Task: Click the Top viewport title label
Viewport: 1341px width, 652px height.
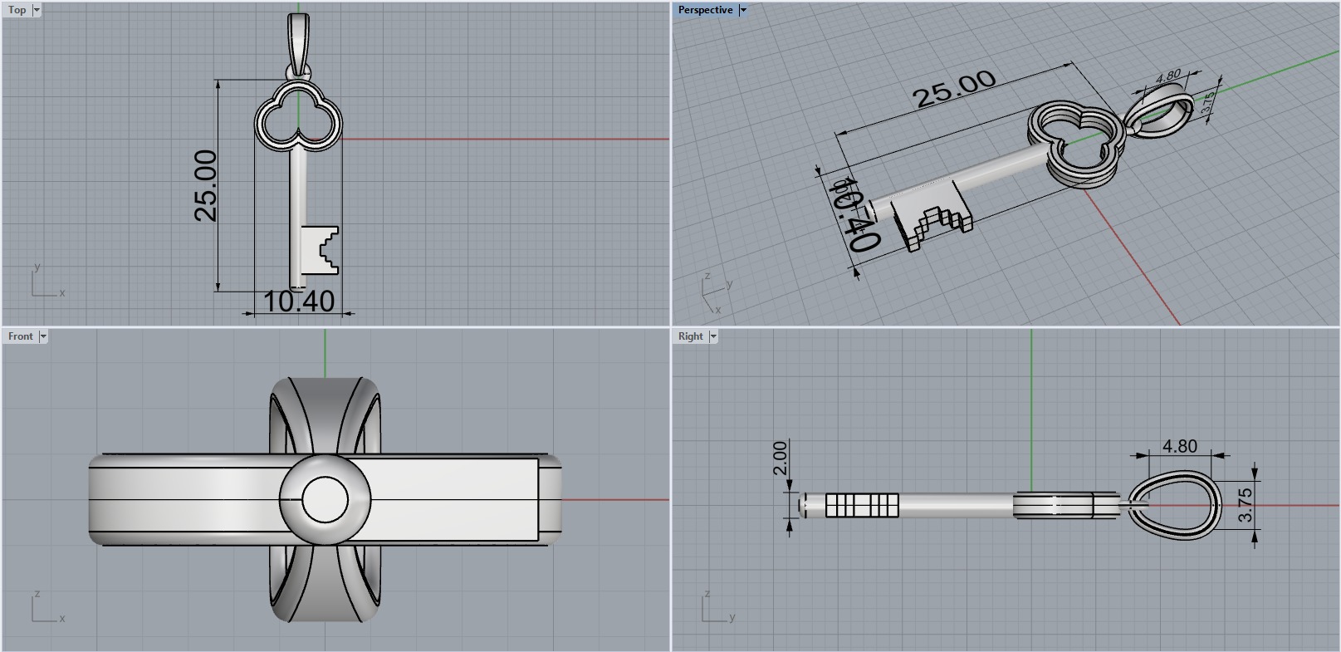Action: (17, 10)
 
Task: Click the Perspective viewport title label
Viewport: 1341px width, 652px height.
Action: (705, 10)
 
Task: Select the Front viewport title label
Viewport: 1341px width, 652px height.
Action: (20, 336)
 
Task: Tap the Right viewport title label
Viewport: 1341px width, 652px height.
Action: (690, 336)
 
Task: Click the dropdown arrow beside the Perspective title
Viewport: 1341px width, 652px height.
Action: (743, 10)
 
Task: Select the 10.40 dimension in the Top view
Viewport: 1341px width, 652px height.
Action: (299, 301)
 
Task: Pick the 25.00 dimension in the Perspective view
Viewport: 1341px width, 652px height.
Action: (954, 89)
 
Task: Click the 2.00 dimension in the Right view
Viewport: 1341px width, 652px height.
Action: (779, 458)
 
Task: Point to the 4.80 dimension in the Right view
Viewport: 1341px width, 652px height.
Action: (1179, 446)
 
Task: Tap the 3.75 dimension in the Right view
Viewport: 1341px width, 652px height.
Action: (1245, 504)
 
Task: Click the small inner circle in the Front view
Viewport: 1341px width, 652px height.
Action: (325, 499)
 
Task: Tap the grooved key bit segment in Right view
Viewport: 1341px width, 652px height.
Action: (862, 505)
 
